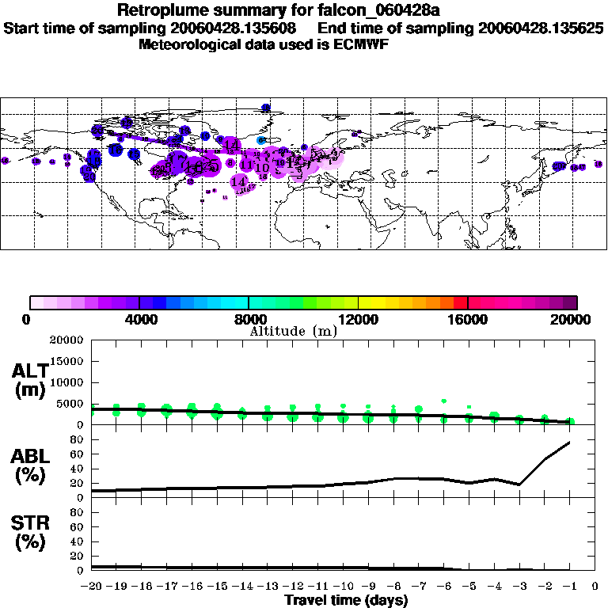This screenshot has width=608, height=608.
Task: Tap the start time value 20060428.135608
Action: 238,28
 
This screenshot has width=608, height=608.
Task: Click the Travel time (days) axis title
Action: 346,601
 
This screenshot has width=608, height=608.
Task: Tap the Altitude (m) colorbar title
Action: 294,331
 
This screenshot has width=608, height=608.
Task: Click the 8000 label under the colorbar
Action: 249,319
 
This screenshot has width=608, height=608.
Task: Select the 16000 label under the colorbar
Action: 468,319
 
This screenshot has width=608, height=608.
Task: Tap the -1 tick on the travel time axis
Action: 570,587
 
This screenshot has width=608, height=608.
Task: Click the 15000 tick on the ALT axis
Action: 68,361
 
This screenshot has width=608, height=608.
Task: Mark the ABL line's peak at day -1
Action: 570,442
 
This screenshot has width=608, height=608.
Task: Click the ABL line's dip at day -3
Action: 519,484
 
